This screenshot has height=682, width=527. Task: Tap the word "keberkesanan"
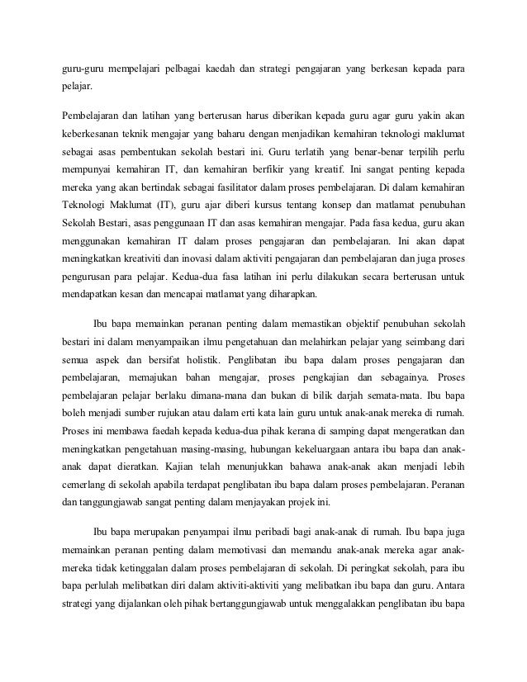tap(95, 133)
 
